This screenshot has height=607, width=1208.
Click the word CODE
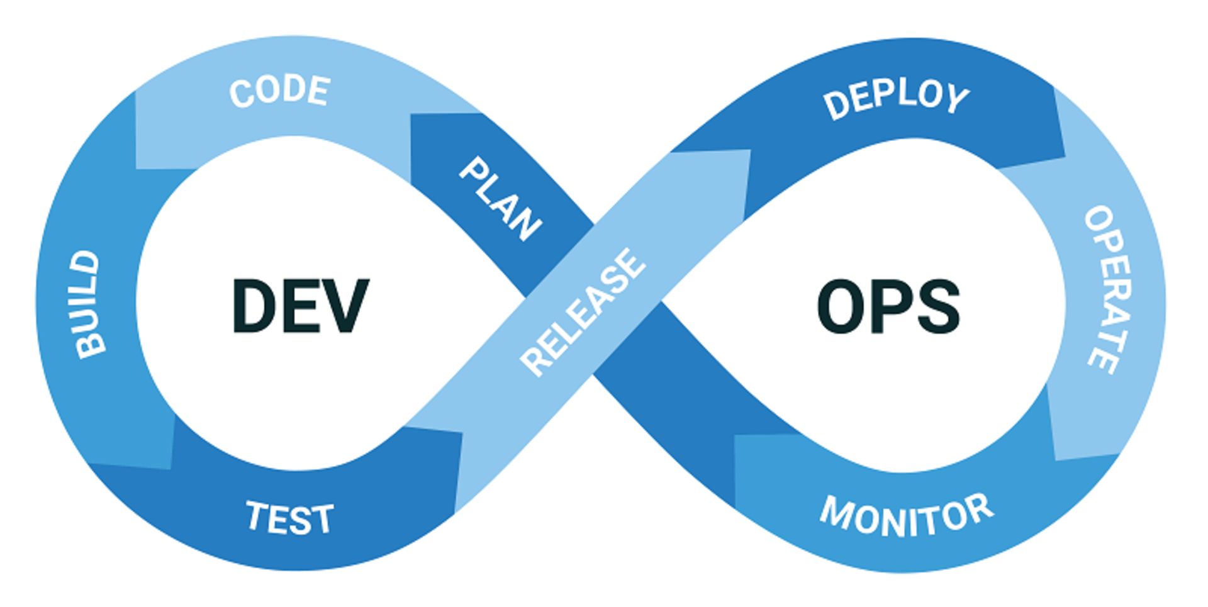pyautogui.click(x=279, y=92)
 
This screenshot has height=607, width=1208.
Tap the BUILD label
pyautogui.click(x=88, y=305)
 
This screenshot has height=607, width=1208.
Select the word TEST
pyautogui.click(x=289, y=518)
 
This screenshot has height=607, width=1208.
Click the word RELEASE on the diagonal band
pyautogui.click(x=583, y=312)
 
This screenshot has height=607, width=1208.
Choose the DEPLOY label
pyautogui.click(x=896, y=101)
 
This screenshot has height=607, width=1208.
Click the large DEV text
pyautogui.click(x=299, y=306)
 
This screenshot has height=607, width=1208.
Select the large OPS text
pyautogui.click(x=888, y=307)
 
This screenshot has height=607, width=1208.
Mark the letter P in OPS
pyautogui.click(x=892, y=307)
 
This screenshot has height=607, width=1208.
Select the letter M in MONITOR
pyautogui.click(x=837, y=511)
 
